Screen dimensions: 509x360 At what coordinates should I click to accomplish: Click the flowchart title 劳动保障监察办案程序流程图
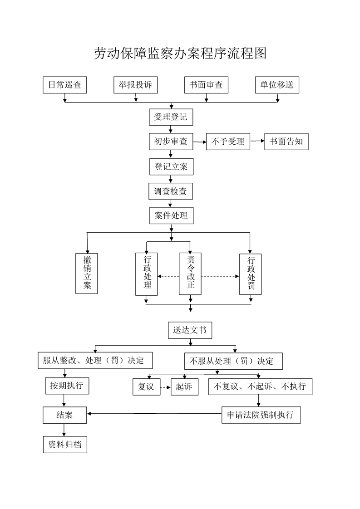180,54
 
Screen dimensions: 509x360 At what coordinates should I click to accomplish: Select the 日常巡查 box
64,85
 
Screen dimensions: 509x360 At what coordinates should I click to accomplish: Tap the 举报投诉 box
135,85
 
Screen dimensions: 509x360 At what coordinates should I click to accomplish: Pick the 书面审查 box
206,85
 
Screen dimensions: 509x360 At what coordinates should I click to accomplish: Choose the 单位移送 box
277,85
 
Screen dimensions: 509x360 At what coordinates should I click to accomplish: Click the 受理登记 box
171,117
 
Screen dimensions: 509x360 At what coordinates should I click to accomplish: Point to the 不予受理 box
228,142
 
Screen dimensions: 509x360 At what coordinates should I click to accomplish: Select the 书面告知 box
286,142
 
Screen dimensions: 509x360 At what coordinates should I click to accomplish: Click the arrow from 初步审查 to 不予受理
199,142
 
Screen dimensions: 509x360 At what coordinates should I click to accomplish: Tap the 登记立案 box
171,166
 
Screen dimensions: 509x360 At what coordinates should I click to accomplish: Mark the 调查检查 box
171,191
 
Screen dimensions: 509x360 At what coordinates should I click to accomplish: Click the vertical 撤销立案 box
87,273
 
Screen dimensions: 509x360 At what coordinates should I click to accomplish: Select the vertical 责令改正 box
190,274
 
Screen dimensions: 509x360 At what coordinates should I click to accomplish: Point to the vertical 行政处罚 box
251,274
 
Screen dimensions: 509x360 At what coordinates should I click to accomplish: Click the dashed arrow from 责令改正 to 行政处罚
220,276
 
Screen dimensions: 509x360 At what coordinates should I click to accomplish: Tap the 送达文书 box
190,330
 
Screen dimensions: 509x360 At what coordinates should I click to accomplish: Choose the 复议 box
146,387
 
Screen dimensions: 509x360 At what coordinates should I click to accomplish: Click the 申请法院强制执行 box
261,415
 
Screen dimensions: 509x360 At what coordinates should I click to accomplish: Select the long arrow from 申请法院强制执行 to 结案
154,413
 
